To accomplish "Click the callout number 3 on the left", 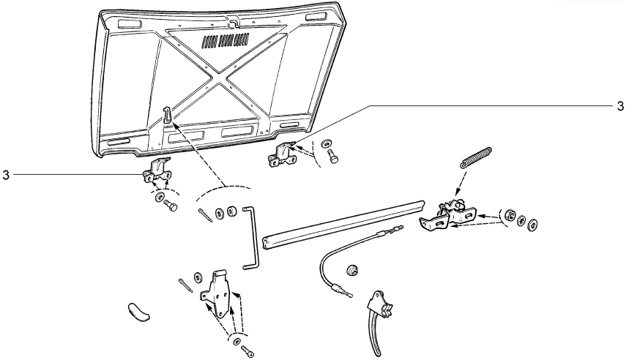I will (x=6, y=175).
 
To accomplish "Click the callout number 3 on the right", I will (x=620, y=105).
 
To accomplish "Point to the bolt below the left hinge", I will (x=171, y=206).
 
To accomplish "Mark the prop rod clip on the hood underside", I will (x=168, y=113).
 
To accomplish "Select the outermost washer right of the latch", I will (x=533, y=222).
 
